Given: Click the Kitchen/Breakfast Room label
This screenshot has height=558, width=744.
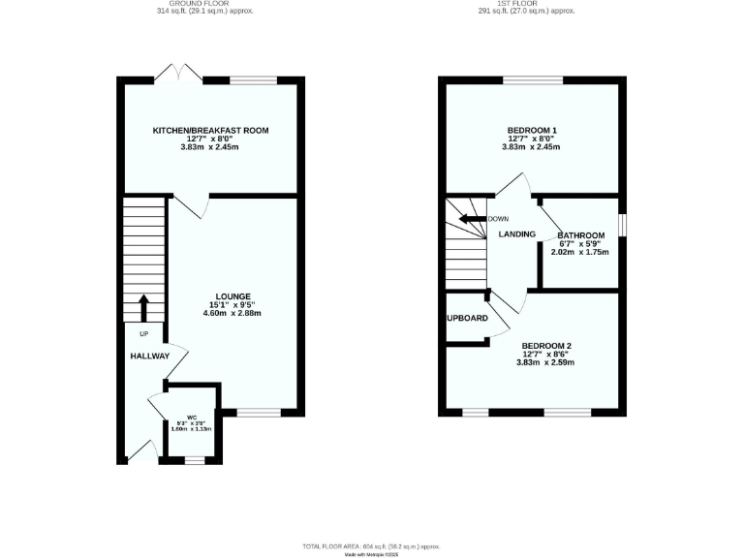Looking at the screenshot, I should coord(210,130).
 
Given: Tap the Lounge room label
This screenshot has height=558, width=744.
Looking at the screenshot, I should coord(232,296).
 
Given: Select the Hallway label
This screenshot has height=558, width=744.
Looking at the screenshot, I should coord(150,356).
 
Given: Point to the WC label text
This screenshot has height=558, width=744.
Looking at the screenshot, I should coord(191,418).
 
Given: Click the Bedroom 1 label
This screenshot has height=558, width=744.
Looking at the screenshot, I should coord(532,130).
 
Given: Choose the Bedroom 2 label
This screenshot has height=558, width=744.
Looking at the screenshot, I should coord(547,346).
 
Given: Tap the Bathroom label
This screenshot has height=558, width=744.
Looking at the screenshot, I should coord(581,235).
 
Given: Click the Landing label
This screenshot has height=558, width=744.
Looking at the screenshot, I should coord(517,234).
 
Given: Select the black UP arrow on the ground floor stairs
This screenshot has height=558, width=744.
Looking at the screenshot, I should coord(144,307).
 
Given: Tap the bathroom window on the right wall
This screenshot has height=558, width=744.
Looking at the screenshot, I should coord(622,223).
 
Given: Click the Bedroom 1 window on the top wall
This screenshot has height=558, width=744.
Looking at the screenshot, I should coord(532,80).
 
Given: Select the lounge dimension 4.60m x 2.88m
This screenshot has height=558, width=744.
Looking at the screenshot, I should coord(232,313).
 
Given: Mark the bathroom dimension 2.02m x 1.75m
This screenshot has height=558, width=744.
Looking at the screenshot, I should coord(580,252).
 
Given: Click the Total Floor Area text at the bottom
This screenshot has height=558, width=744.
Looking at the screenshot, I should coord(373,545).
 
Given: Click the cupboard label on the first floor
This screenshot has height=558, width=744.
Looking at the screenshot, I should coord(467,318).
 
